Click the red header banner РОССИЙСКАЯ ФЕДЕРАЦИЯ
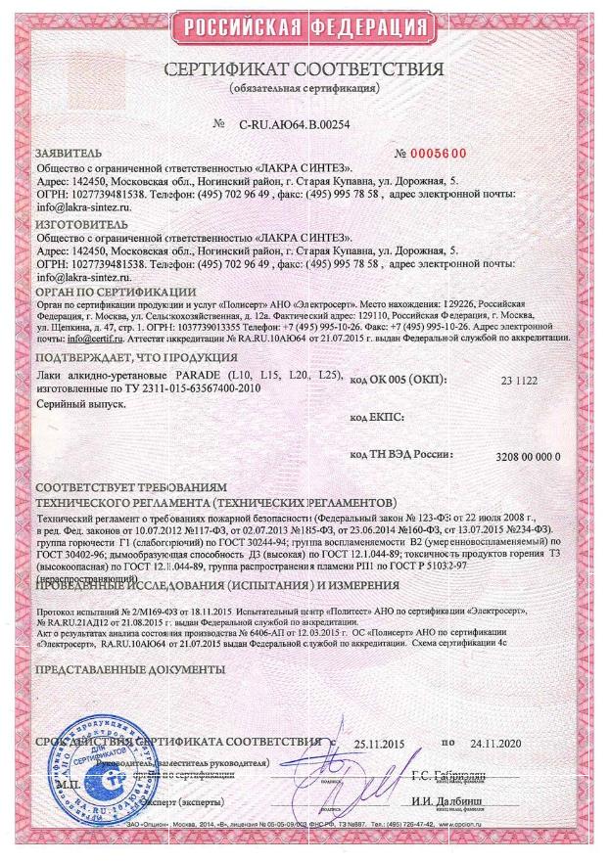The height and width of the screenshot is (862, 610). (305, 25)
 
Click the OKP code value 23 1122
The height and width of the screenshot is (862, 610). (520, 379)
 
